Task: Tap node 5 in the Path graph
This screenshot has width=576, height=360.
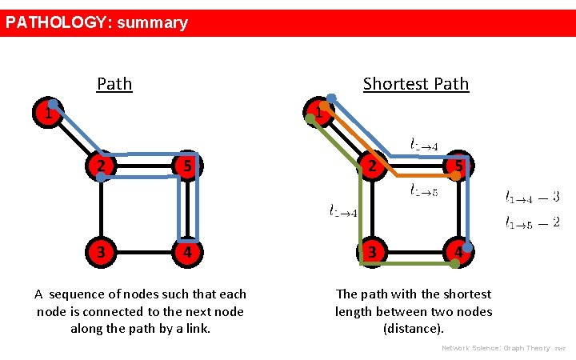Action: click(186, 166)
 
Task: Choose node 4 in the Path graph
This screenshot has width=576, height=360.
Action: click(186, 251)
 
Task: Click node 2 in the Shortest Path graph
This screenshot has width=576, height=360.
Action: click(370, 166)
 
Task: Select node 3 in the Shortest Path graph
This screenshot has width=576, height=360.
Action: click(370, 251)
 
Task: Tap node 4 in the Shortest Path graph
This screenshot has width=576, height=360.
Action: click(458, 251)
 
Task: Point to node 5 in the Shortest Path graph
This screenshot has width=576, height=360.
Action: click(458, 166)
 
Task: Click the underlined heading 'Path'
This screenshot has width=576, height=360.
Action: click(114, 83)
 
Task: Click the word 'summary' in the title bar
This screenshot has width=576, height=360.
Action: click(152, 22)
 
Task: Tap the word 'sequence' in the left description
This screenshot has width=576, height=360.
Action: click(81, 294)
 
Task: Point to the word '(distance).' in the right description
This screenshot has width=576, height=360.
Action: click(414, 328)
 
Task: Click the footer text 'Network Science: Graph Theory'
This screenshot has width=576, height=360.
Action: click(497, 348)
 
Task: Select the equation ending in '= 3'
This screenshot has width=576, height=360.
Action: click(532, 196)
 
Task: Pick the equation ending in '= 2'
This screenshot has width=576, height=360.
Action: click(532, 222)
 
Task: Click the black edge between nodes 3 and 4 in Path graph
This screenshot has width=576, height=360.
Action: click(144, 251)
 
